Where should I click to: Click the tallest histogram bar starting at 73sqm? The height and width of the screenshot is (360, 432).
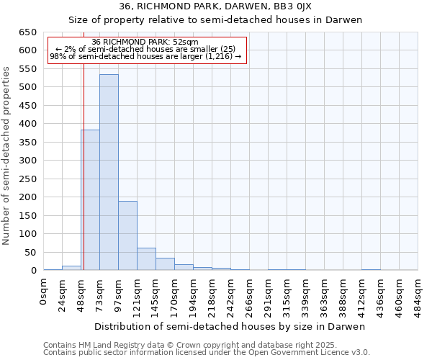coord(109,173)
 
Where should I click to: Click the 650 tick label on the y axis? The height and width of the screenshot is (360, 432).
coord(28,32)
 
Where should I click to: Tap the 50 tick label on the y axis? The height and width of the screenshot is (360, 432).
coord(31,252)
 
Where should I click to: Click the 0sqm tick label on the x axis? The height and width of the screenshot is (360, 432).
coord(44,292)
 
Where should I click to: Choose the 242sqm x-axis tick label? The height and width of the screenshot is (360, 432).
coord(231,296)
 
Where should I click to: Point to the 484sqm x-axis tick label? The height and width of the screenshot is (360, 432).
coord(418,296)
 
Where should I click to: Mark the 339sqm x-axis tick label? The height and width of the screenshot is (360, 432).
coord(306,296)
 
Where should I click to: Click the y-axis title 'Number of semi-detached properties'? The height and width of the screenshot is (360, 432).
coord(7,156)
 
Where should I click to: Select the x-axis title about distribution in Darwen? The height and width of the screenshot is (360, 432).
coord(230,326)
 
